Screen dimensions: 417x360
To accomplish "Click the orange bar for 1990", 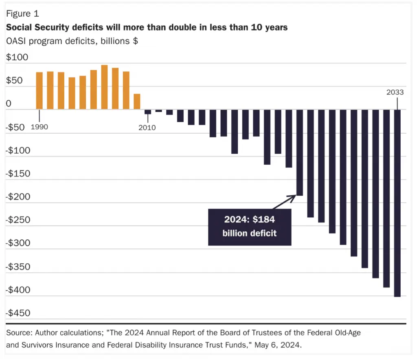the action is pos(40,91).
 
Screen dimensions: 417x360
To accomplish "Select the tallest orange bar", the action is pos(105,87).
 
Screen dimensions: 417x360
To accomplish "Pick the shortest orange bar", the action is pos(137,102).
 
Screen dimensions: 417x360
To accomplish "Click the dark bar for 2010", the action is pos(148,112).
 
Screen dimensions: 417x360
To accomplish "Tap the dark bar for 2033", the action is pos(397,203).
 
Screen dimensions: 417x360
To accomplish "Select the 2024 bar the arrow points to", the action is pos(300,152).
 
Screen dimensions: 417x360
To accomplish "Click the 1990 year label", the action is pos(40,127).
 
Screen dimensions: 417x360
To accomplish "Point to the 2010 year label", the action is pos(147,128).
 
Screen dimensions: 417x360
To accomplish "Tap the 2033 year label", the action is pos(395,92).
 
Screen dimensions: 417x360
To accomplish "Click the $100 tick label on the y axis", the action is pos(17,57).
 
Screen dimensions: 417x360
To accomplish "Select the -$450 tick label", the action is pos(18,313).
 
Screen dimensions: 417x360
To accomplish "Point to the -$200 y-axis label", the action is pos(18,197).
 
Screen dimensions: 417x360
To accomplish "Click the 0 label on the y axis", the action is pos(9,103).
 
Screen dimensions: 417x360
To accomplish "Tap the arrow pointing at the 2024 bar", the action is pos(284,202).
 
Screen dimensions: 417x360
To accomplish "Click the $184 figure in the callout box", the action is pos(264,219).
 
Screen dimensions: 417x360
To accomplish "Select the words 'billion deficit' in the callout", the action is pos(250,233).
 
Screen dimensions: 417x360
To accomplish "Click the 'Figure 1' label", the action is pos(23,13).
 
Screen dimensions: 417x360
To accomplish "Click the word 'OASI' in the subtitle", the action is pos(16,41).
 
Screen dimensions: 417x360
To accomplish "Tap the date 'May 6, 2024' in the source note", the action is pos(278,345).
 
